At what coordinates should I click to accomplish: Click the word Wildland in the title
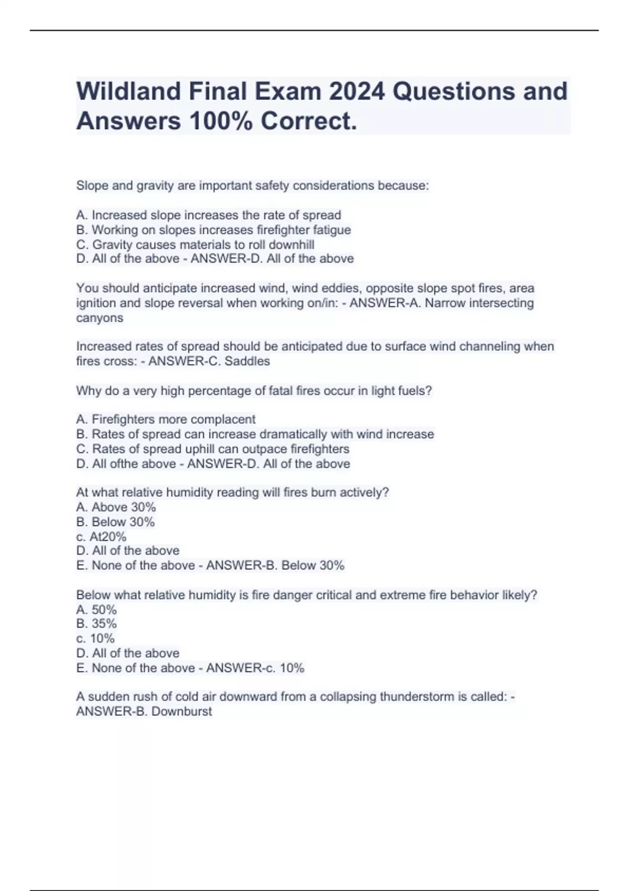coord(128,91)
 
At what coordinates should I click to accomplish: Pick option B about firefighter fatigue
coord(213,230)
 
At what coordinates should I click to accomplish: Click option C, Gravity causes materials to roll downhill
coord(195,245)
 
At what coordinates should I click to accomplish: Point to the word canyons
coord(100,318)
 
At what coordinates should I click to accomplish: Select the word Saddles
coord(247,361)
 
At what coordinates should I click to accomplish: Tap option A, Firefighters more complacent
coord(166,419)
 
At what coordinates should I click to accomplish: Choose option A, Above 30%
coord(116,507)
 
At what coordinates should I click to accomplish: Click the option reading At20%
coord(101,537)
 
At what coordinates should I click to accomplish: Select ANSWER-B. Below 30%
coord(275,566)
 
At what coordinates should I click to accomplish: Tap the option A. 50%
coord(96,610)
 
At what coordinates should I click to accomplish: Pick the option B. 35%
coord(96,624)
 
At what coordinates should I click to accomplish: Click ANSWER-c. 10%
coord(255,668)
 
